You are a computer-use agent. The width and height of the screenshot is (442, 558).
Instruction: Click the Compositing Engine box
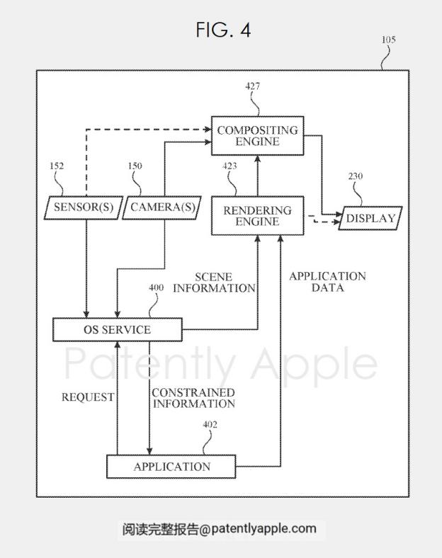point(258,135)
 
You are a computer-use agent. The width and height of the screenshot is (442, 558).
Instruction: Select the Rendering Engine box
point(258,216)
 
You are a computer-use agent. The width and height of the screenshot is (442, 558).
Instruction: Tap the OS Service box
point(118,329)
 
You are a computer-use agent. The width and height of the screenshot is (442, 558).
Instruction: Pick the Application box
point(171,466)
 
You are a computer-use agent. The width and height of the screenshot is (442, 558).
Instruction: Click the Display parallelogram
point(370,218)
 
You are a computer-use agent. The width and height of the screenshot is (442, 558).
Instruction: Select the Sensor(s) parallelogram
point(84,207)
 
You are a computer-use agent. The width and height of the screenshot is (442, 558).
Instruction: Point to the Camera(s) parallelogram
point(162,207)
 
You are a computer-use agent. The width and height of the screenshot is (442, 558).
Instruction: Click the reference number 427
point(252,86)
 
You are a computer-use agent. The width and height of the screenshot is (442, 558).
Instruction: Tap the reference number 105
point(389,40)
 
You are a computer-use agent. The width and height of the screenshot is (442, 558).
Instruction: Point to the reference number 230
point(355,176)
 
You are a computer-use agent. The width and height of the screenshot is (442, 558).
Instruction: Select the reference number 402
point(210,425)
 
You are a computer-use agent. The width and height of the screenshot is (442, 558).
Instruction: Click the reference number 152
point(57,166)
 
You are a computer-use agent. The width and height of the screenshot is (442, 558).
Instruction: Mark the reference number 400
point(157,287)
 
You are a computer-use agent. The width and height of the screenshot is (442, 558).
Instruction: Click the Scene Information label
point(214,283)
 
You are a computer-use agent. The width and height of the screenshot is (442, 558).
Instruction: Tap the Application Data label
point(327,282)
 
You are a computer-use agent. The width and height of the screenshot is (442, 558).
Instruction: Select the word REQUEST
point(88,397)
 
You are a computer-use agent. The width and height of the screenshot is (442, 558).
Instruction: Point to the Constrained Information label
point(193,398)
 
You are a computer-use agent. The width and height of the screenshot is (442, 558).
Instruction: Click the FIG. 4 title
point(224,30)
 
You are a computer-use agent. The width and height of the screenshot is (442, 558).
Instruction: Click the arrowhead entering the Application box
point(149,450)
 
